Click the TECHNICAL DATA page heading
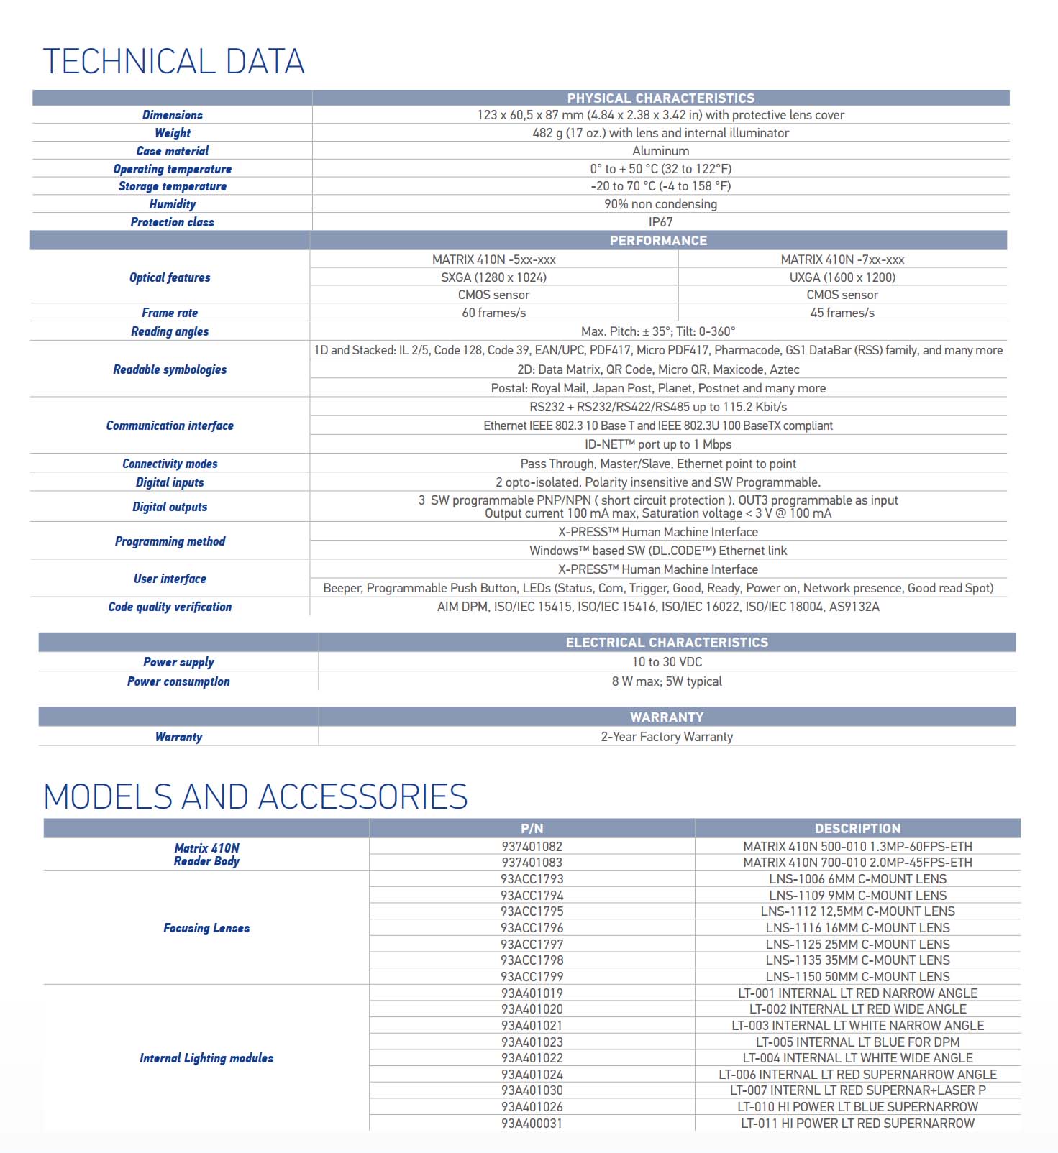click(x=173, y=62)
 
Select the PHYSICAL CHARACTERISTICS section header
click(x=660, y=98)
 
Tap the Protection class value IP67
click(x=660, y=222)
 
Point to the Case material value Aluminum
click(x=660, y=151)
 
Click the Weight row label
click(x=173, y=133)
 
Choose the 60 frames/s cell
click(x=493, y=313)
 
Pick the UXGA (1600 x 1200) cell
click(x=842, y=277)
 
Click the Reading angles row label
click(x=170, y=331)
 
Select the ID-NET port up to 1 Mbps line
click(x=657, y=444)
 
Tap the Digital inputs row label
click(x=170, y=482)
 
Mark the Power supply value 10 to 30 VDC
click(x=667, y=662)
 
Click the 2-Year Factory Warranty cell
click(x=667, y=737)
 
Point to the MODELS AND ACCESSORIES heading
click(x=255, y=797)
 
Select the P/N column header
click(x=532, y=828)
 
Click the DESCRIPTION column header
click(x=857, y=828)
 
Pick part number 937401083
click(x=532, y=863)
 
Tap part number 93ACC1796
click(x=532, y=928)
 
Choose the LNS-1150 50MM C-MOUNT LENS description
click(x=857, y=977)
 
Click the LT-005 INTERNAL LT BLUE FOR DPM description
click(x=857, y=1042)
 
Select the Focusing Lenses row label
click(x=206, y=928)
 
